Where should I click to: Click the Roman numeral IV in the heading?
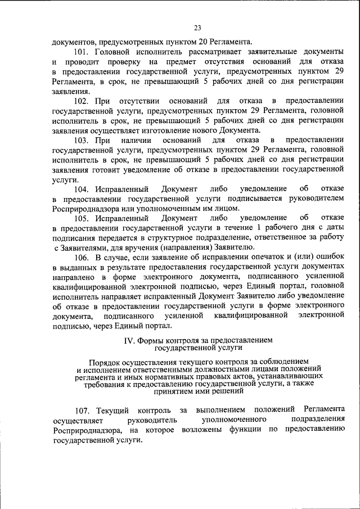click(128, 340)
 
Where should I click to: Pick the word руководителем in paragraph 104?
click(318, 199)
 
